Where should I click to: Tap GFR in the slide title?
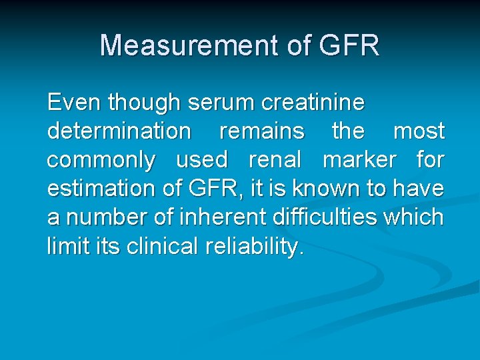(x=349, y=45)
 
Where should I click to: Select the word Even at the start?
(x=74, y=103)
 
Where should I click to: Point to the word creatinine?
(x=314, y=103)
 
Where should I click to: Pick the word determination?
(x=119, y=131)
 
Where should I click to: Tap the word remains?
(x=261, y=131)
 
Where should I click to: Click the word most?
(x=419, y=131)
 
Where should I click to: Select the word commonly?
(x=101, y=161)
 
